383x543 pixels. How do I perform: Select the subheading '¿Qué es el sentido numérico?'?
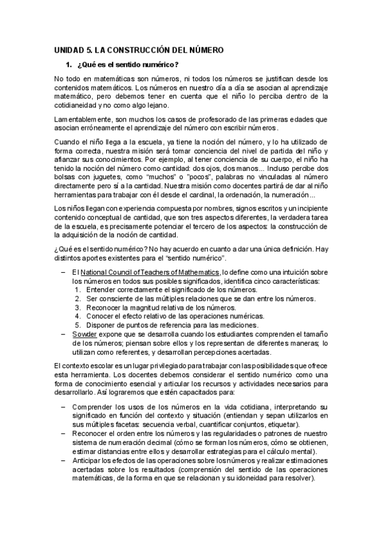click(x=127, y=65)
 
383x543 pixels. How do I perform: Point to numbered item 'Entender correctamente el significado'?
click(x=162, y=290)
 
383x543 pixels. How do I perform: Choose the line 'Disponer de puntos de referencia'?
click(x=166, y=325)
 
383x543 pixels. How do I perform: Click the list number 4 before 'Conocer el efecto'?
click(x=77, y=316)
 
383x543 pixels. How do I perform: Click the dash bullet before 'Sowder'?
click(x=63, y=334)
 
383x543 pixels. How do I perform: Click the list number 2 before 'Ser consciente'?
click(x=77, y=298)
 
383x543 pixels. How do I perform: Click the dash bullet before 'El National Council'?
click(x=63, y=272)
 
